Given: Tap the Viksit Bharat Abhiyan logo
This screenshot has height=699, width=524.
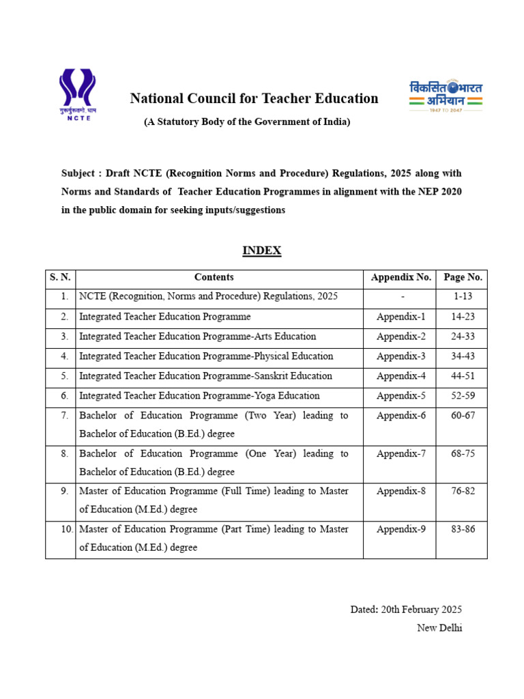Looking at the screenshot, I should [x=446, y=96].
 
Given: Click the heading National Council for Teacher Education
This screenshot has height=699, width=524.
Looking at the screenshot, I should [x=254, y=98].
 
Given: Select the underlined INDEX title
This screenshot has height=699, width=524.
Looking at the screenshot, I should [x=262, y=251].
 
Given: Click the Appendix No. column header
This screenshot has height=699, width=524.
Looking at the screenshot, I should [x=401, y=277].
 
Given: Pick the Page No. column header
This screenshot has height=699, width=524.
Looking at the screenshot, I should [x=463, y=277].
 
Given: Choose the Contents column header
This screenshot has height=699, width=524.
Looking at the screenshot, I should [x=214, y=277].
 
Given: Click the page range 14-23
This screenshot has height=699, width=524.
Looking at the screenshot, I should [x=463, y=317].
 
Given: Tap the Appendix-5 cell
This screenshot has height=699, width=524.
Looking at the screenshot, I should [x=401, y=396].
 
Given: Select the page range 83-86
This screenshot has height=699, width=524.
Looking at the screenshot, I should [x=463, y=529].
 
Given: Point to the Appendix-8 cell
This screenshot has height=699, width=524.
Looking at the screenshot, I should [x=401, y=491].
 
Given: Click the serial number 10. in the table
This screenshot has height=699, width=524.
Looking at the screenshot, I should [x=62, y=529].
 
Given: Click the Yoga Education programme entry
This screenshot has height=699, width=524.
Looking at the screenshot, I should [x=199, y=396].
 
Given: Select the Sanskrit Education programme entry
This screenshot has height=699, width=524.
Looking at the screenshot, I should [x=205, y=376].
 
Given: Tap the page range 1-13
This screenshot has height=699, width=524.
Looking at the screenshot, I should [x=463, y=297].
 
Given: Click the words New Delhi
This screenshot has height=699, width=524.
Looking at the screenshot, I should [x=439, y=628].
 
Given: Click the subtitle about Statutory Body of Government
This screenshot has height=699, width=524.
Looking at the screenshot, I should [x=246, y=122].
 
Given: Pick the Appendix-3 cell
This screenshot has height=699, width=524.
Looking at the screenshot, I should [x=401, y=356].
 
